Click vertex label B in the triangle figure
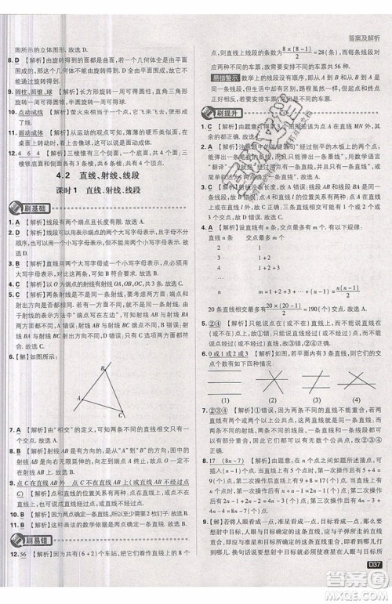[x=101, y=369]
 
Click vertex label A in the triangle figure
[x=78, y=398]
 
